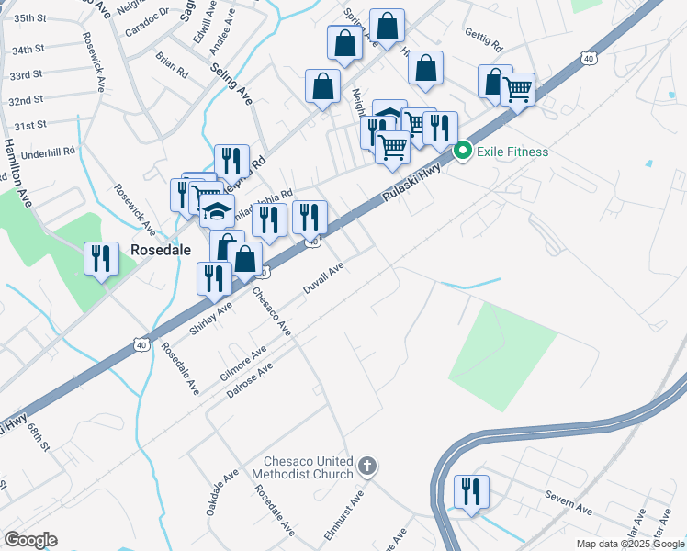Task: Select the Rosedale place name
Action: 160,249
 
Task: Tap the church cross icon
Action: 367,467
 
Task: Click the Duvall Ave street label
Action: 324,278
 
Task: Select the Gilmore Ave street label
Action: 243,364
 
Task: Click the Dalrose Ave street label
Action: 249,380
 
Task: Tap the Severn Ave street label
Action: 570,503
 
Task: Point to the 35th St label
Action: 30,18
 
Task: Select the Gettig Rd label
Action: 484,45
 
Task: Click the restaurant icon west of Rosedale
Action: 101,259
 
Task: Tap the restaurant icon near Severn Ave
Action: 471,490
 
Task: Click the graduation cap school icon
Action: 217,212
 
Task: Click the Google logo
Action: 30,540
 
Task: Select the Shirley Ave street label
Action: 210,318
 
